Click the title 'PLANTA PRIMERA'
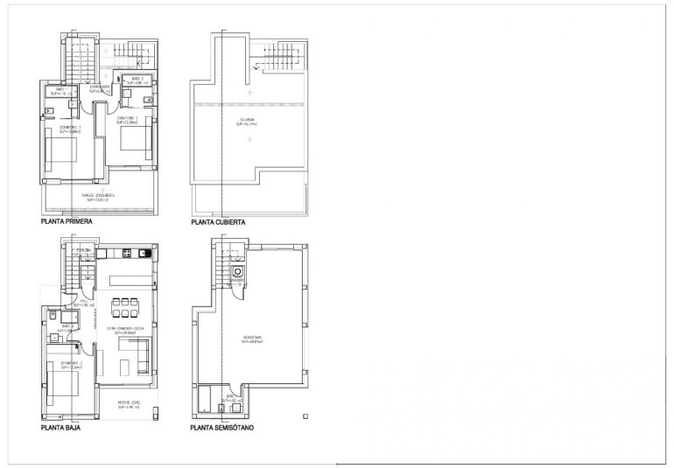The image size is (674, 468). (67, 222)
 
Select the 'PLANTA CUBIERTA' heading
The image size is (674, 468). (218, 222)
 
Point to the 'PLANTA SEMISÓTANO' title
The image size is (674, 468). (224, 430)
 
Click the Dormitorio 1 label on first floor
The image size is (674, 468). (69, 129)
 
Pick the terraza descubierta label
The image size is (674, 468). (101, 196)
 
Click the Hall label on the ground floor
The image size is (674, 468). (82, 303)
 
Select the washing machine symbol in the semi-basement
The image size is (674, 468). (237, 272)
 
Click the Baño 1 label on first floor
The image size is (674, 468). (60, 90)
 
